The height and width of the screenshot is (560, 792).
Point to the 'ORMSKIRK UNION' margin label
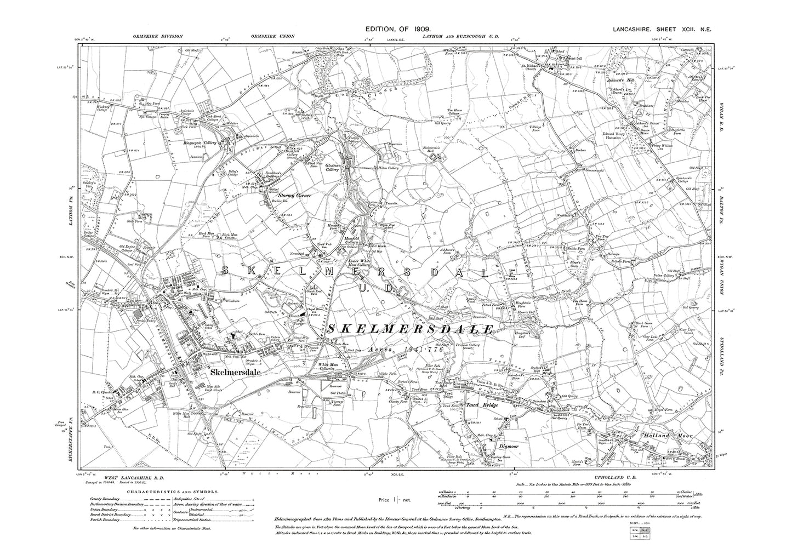click(x=273, y=36)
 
